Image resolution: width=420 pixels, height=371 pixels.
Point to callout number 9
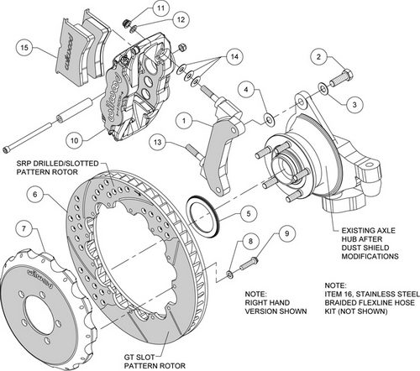[287, 233]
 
